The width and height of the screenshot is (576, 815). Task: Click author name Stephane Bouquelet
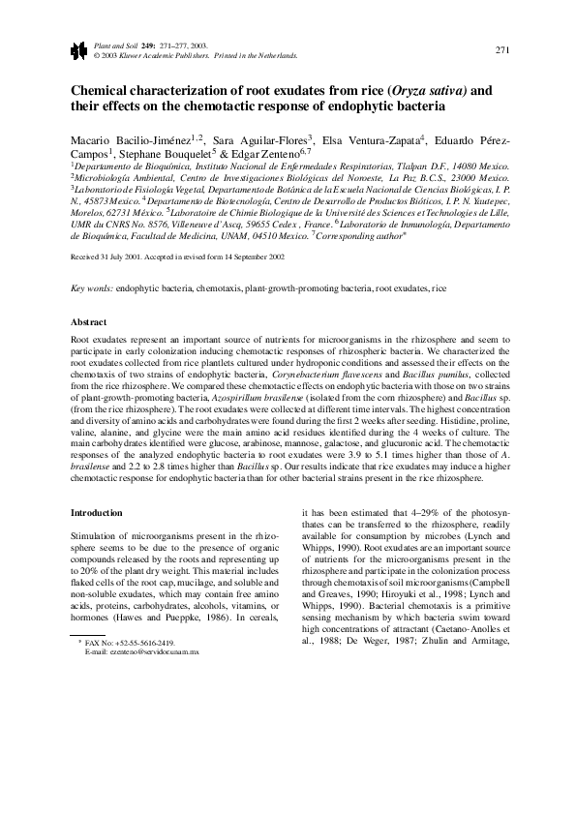pos(169,153)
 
